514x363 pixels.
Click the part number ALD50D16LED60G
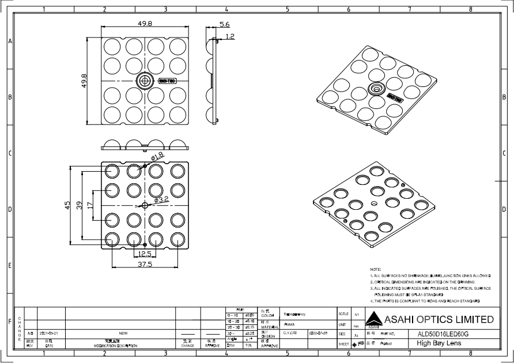point(442,334)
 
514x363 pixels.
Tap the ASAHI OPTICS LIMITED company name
point(440,320)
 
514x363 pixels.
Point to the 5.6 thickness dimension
point(225,25)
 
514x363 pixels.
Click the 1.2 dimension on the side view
point(230,36)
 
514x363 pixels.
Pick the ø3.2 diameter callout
point(161,199)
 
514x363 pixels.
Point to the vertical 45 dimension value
point(67,205)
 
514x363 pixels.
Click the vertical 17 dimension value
point(90,205)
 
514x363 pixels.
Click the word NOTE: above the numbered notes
point(375,269)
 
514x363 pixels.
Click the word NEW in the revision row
point(123,333)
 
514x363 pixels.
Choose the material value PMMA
point(289,324)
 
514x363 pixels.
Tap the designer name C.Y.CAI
point(290,333)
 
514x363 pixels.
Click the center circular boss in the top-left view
point(142,80)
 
